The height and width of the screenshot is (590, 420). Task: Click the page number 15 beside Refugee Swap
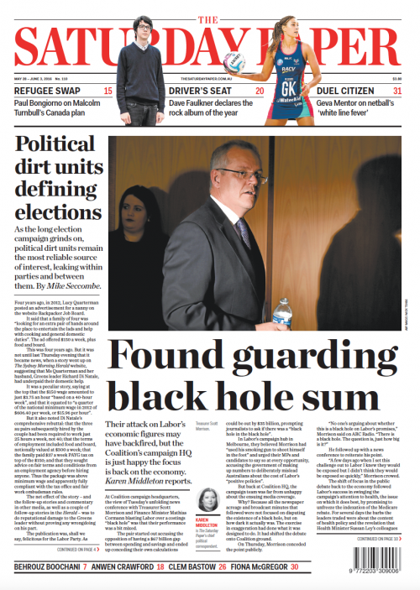[108, 91]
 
